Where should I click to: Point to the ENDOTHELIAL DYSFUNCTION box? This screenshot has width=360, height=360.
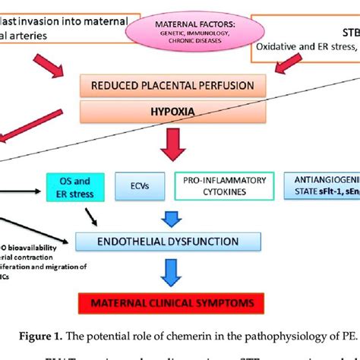[180, 242]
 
